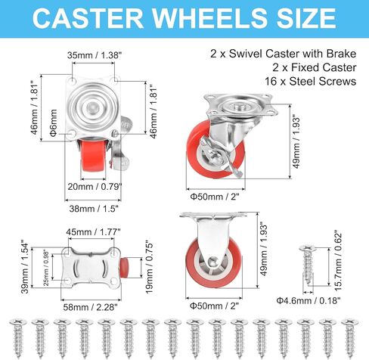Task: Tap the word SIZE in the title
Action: point(306,18)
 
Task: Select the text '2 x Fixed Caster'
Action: point(314,67)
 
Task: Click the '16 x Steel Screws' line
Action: point(310,82)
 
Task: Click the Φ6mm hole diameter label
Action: point(54,123)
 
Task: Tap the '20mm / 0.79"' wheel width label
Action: point(95,187)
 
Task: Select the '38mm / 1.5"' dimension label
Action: point(94,209)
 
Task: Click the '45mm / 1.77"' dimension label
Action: point(93,231)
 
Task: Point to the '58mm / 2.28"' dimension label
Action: point(90,307)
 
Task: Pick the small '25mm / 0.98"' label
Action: point(46,268)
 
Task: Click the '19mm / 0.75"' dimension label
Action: point(149,268)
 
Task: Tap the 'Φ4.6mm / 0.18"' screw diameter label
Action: point(309,300)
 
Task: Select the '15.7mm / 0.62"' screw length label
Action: point(338,260)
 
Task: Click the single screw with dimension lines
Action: point(308,265)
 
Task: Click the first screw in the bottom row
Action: point(18,338)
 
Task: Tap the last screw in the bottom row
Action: point(350,338)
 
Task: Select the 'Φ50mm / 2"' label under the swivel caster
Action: point(214,197)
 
